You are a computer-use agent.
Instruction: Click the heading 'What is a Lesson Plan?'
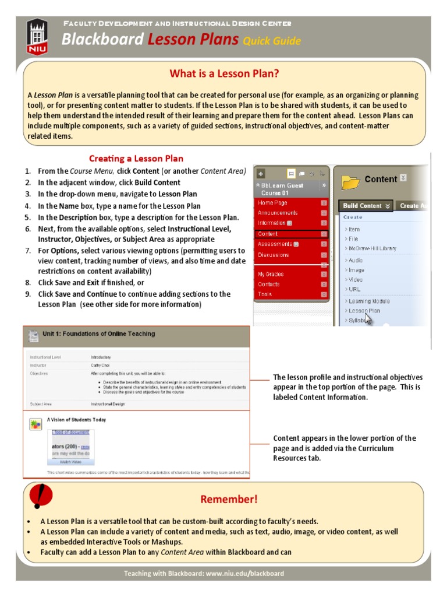point(224,73)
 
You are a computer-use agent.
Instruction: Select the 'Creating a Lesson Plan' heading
point(136,159)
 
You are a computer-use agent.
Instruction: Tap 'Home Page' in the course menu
point(272,202)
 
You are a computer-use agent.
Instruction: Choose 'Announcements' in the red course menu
point(278,213)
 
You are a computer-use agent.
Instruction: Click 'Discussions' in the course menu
point(273,255)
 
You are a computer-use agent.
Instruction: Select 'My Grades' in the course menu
point(271,273)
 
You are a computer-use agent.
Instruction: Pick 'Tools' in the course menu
point(265,294)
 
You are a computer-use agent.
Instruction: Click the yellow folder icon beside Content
point(350,182)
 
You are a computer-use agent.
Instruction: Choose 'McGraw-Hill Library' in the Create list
point(372,248)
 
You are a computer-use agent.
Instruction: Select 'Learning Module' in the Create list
point(369,301)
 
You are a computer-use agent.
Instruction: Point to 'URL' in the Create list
point(354,289)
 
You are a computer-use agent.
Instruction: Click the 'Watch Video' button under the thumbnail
point(70,461)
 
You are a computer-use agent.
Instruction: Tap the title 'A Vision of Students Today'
point(76,419)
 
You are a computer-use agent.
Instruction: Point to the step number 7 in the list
point(27,251)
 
